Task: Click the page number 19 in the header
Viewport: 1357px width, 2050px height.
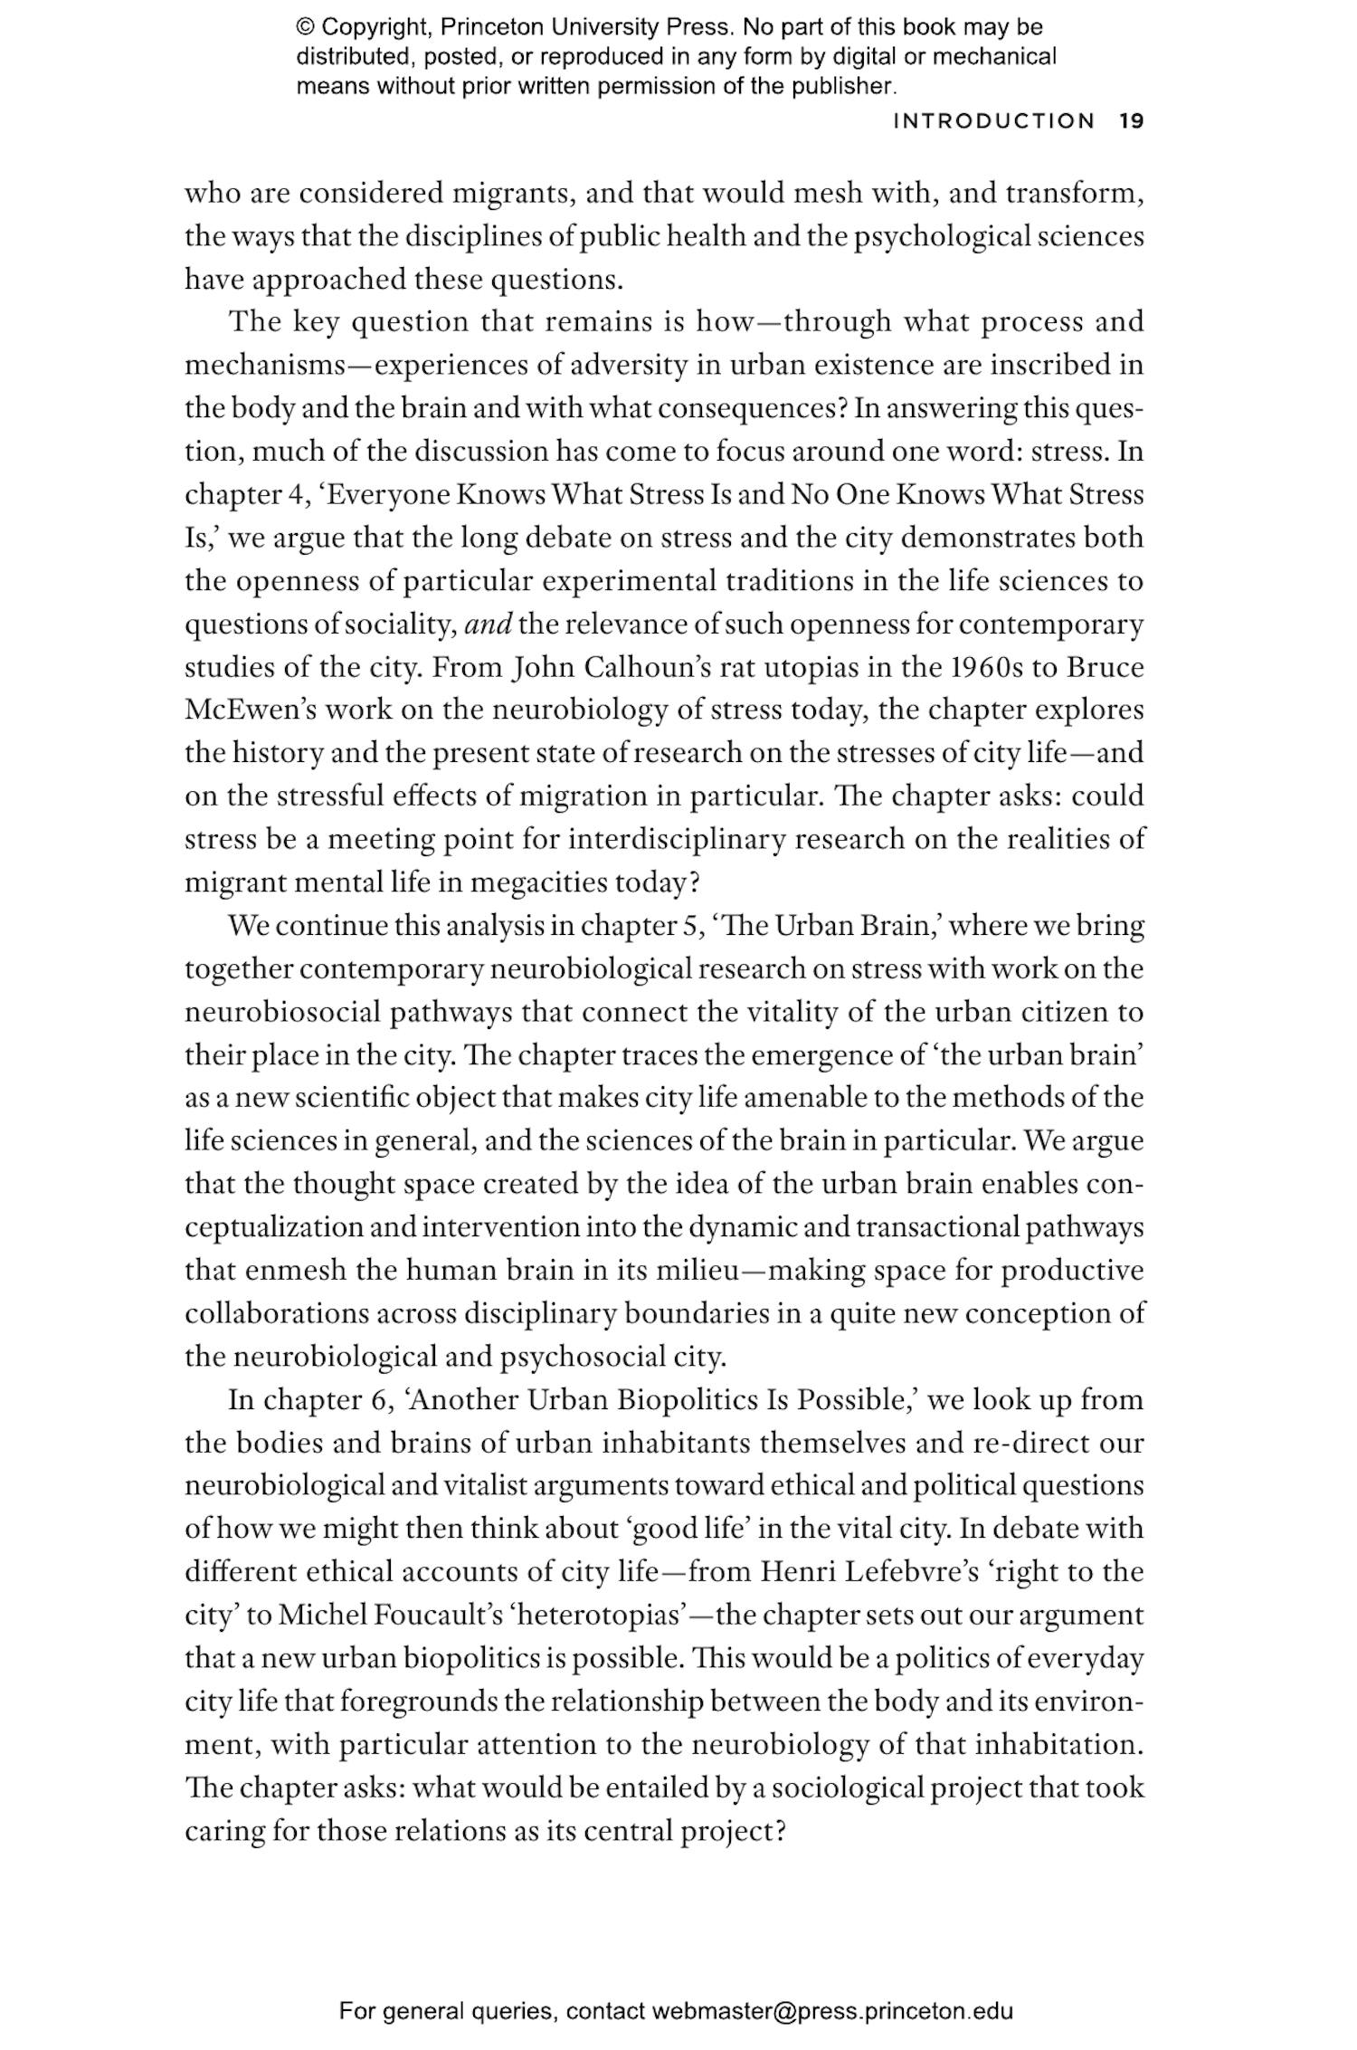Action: click(x=1132, y=120)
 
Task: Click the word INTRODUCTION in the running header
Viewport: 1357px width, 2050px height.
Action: click(x=993, y=120)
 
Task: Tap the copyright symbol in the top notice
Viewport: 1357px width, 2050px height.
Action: click(x=305, y=27)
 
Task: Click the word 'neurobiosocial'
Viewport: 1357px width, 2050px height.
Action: click(x=283, y=1011)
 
